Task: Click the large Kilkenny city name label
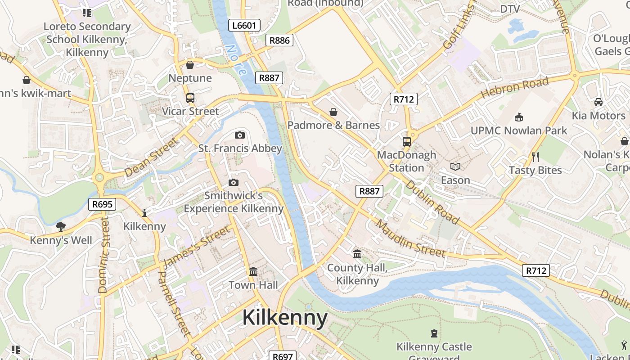point(285,318)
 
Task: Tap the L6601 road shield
point(244,25)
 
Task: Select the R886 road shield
point(279,40)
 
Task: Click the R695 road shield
point(102,204)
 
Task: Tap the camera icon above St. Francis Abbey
point(240,135)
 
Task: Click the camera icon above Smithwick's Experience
point(233,182)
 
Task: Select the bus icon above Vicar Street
point(190,98)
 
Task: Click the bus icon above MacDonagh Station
point(406,141)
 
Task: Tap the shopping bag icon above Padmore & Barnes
point(333,112)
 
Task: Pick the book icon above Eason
point(455,167)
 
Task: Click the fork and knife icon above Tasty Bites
point(535,157)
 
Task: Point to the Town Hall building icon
point(253,272)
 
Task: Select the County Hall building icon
point(357,254)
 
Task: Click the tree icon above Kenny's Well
point(61,226)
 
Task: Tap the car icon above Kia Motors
point(598,102)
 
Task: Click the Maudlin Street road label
point(410,239)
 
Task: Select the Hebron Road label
point(515,88)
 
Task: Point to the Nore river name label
point(236,59)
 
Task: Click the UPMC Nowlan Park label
point(519,130)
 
